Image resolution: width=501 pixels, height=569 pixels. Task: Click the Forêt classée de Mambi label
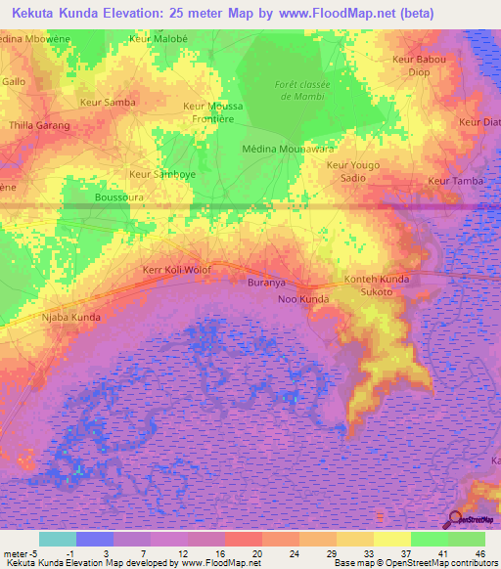coord(304,90)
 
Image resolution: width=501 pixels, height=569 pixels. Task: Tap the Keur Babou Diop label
coord(418,66)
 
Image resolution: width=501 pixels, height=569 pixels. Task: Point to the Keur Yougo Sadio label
coord(352,171)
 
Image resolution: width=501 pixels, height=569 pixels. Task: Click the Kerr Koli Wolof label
coord(177,268)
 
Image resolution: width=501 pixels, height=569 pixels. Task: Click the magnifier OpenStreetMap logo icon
coord(455,520)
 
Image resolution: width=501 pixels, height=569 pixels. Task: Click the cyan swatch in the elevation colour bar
coord(57,539)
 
